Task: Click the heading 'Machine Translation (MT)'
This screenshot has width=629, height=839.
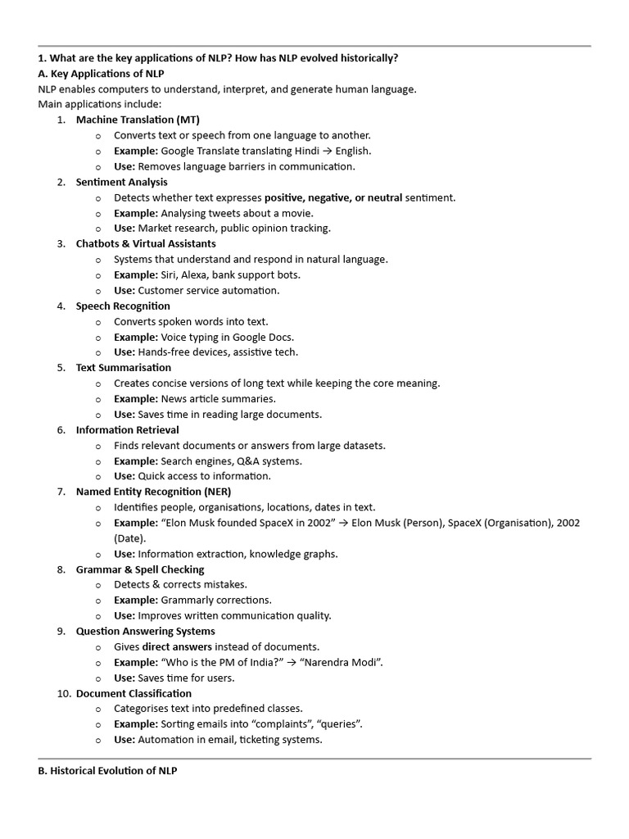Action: (138, 120)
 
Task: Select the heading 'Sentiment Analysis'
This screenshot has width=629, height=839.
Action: (121, 182)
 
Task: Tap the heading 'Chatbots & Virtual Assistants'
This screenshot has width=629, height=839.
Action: (146, 243)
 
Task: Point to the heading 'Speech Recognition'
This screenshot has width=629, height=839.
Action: (123, 306)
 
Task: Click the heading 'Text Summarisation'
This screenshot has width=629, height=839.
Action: (124, 367)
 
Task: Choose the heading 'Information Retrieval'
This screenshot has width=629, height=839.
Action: (127, 429)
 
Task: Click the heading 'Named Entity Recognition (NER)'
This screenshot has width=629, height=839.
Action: (153, 492)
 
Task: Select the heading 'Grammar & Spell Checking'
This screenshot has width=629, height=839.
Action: (140, 569)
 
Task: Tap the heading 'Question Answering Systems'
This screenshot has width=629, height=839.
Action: (145, 631)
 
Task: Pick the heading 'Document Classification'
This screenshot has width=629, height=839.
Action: (133, 693)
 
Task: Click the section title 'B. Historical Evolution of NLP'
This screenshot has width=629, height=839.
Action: (107, 771)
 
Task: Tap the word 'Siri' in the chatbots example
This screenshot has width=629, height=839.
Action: (170, 274)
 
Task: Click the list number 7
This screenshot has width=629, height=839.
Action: (61, 492)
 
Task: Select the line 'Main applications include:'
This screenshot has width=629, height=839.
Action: (100, 104)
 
